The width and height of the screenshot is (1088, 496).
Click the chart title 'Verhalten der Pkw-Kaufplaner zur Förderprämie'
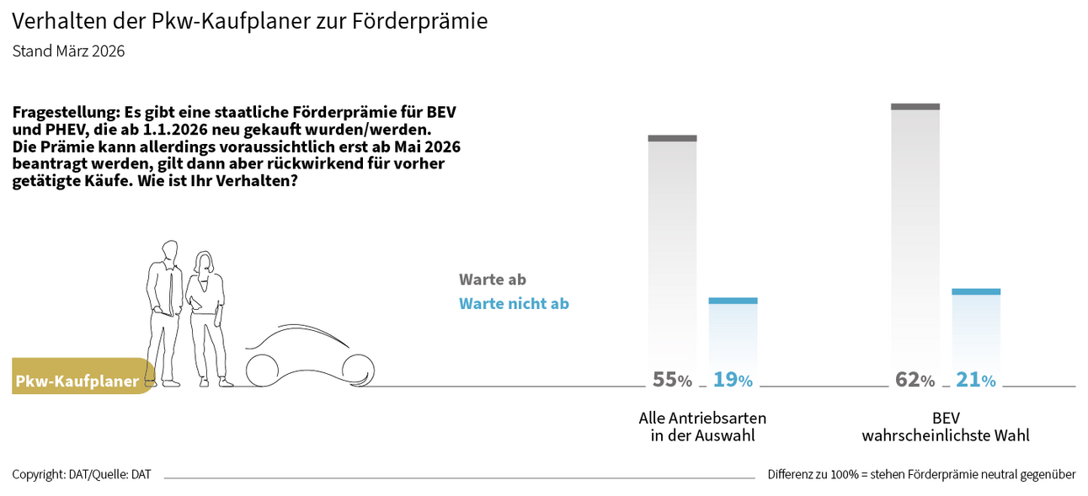pos(249,21)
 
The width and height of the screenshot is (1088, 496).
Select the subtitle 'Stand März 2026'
pos(68,51)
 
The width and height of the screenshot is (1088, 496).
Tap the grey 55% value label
pos(672,380)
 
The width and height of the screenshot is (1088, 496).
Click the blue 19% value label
pos(733,380)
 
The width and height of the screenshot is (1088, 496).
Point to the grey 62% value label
pos(915,380)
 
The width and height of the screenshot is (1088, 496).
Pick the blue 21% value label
pos(975,380)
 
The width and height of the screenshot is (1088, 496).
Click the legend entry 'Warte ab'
pos(492,280)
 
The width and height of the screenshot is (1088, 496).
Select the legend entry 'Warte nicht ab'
pos(514,303)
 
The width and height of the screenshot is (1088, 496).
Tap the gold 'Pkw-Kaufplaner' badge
pos(80,381)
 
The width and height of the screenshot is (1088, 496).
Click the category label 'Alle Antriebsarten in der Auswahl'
pos(702,426)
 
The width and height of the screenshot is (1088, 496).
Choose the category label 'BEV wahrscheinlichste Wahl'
pos(945,426)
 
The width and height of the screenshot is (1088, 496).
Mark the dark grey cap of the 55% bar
pos(672,138)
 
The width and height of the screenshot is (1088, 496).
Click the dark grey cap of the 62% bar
pos(915,106)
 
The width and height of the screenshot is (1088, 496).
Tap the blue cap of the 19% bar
pos(733,301)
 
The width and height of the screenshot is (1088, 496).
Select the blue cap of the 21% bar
pos(976,291)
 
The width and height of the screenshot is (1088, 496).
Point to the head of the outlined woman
pos(204,262)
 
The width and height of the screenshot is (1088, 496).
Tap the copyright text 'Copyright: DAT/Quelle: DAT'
pos(82,474)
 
